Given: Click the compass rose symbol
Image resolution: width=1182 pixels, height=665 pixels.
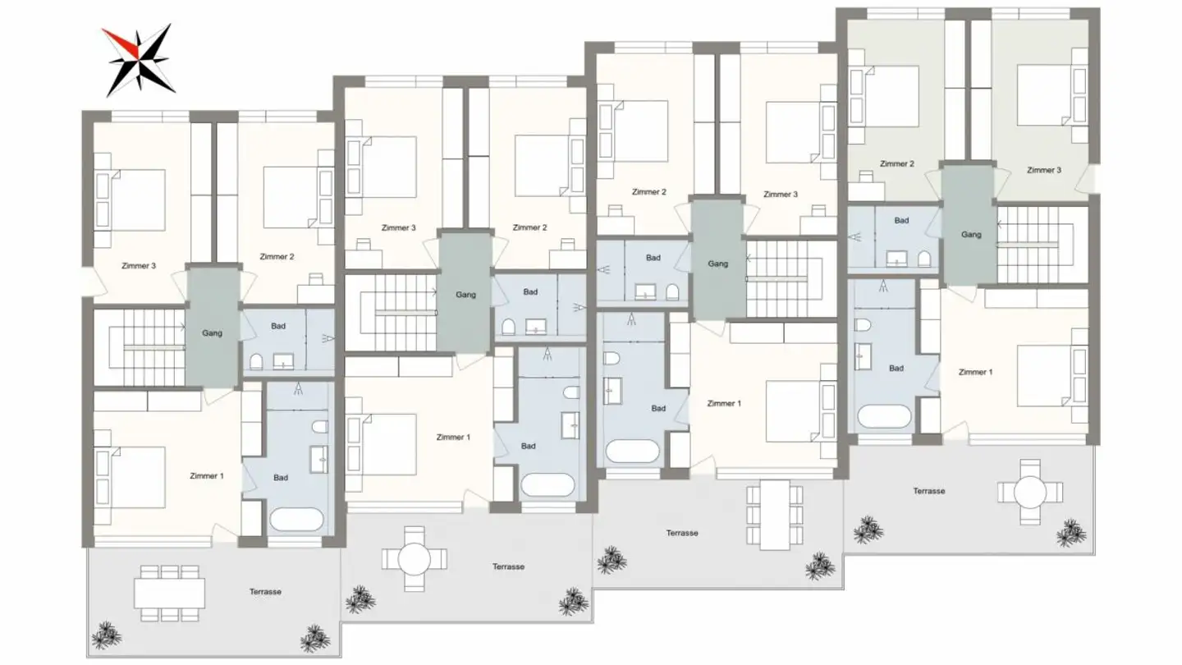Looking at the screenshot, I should click(x=137, y=60).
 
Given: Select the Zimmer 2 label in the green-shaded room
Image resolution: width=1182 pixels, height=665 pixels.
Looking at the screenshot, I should click(x=896, y=164).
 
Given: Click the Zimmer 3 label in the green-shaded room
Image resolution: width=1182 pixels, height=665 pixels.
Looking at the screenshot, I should click(x=1043, y=170).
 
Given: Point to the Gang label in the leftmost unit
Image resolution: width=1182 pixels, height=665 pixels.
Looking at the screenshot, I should click(x=213, y=333).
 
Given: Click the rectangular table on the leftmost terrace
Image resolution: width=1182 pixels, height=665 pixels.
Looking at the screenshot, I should click(x=169, y=593).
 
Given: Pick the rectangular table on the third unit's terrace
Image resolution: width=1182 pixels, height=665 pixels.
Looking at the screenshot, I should click(x=774, y=515).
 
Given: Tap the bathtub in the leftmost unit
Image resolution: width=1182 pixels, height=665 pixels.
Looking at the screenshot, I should click(x=296, y=520).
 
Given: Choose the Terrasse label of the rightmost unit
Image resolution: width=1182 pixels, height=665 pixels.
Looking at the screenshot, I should click(x=929, y=491).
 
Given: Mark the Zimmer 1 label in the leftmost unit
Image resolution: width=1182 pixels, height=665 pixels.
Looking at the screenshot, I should click(x=206, y=476).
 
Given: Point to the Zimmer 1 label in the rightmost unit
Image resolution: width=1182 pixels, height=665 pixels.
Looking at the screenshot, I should click(x=975, y=372).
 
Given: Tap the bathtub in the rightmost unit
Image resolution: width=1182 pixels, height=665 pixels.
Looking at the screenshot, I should click(x=884, y=417).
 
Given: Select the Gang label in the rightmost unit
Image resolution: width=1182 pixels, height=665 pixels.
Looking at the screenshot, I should click(x=971, y=235).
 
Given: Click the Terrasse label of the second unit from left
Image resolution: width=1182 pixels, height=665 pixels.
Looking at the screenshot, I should click(x=509, y=566).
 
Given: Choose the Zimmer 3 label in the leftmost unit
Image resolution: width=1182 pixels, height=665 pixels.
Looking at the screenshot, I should click(x=139, y=266).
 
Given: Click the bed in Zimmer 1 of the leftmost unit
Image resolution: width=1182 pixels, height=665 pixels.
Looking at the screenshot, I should click(x=131, y=476).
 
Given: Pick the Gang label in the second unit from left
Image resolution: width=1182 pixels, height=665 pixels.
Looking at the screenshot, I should click(x=465, y=295).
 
